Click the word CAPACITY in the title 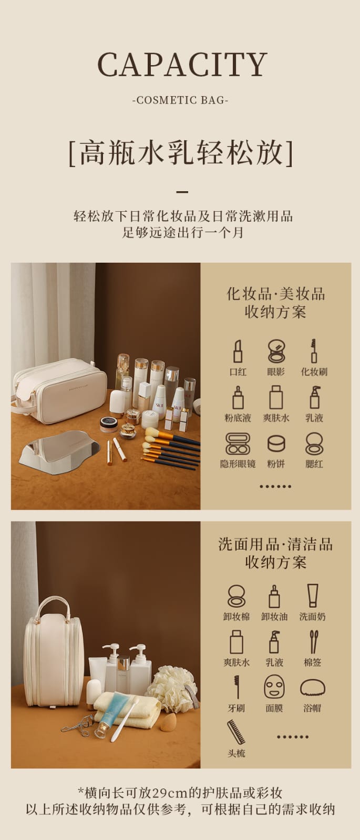coord(182,65)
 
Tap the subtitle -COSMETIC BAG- coord(180,100)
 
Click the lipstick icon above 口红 coord(238,351)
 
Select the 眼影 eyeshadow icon coord(276,351)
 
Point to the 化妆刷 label coord(314,371)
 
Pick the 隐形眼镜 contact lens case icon coord(238,444)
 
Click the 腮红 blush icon coord(314,444)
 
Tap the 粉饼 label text coord(276,464)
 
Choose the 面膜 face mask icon coord(274,687)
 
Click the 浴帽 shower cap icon coord(312,688)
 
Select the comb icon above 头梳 coord(236,732)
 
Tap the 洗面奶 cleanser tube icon coord(312,596)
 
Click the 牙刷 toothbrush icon coord(236,687)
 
